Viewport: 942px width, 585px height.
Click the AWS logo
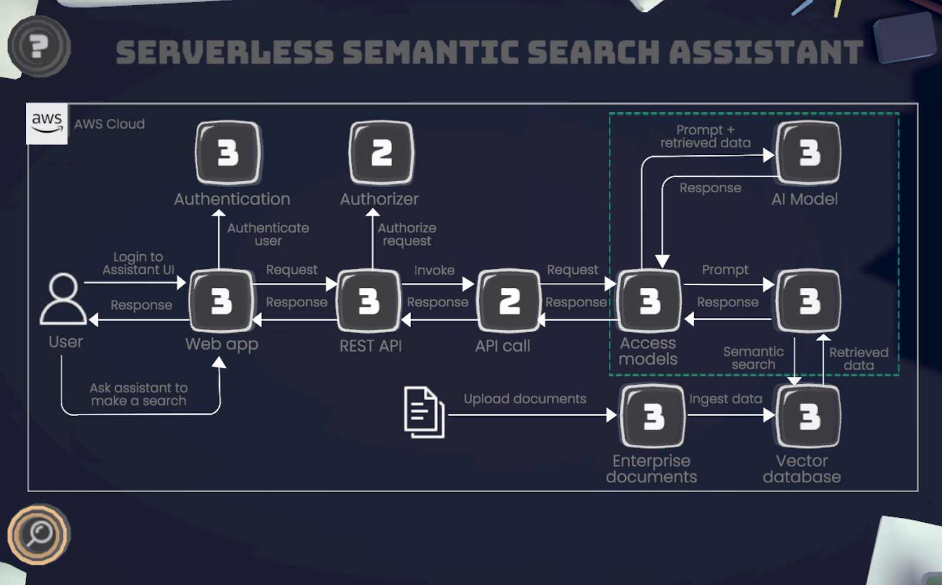47,123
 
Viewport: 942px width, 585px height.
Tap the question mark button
39,46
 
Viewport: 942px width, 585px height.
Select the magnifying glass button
39,534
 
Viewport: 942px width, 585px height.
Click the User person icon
63,298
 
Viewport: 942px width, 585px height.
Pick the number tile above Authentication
228,153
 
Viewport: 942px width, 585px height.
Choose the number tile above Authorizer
382,153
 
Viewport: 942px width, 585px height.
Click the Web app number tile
221,301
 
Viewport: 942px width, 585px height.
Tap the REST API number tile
369,301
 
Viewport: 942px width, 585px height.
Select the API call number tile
509,301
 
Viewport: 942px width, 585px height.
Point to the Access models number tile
649,301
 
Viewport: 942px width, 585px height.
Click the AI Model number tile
809,153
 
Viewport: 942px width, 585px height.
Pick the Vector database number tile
809,416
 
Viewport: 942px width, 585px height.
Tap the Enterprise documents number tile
653,416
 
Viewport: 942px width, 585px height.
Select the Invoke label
434,270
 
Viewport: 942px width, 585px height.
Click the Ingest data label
725,399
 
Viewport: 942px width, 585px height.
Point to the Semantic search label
753,358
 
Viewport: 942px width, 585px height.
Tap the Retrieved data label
858,358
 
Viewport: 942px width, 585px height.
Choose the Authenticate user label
268,234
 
